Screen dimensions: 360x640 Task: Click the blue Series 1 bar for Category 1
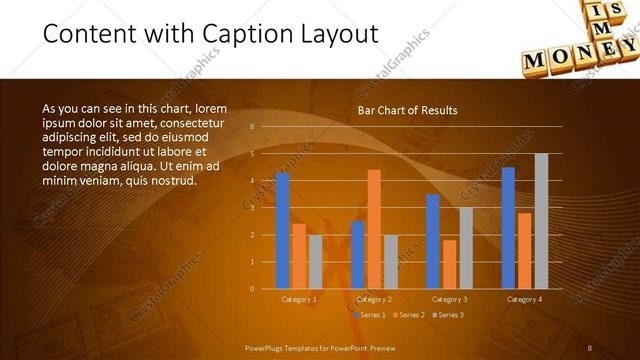pyautogui.click(x=282, y=230)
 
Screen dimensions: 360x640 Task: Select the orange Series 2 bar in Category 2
pyautogui.click(x=374, y=229)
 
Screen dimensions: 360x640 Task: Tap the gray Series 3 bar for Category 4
pyautogui.click(x=541, y=221)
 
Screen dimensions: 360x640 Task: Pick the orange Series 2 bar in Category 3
pyautogui.click(x=449, y=264)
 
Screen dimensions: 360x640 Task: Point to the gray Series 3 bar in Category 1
pyautogui.click(x=315, y=262)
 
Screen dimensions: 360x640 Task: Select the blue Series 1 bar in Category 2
pyautogui.click(x=358, y=255)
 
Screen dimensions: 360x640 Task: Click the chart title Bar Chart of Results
pyautogui.click(x=407, y=111)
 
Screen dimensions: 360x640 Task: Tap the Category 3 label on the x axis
pyautogui.click(x=449, y=299)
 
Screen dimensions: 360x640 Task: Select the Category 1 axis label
pyautogui.click(x=298, y=299)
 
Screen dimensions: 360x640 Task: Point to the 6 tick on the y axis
pyautogui.click(x=253, y=127)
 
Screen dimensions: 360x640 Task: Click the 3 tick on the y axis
pyautogui.click(x=253, y=208)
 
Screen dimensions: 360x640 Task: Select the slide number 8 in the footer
pyautogui.click(x=590, y=348)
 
